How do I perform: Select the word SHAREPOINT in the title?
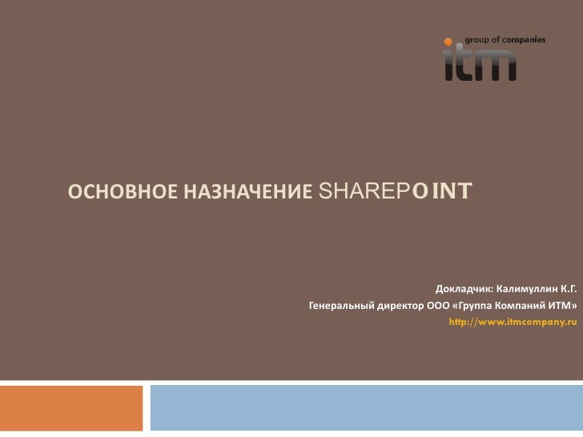coord(396,191)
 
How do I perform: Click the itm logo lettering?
coord(480,64)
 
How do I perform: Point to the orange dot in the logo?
coord(449,40)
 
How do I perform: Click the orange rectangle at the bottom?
coord(71,408)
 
